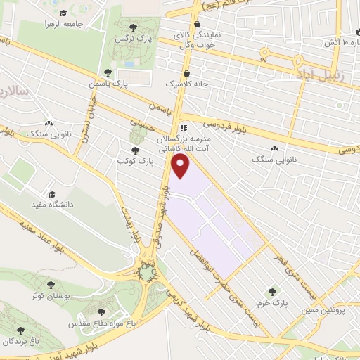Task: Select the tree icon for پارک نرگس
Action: click(x=143, y=26)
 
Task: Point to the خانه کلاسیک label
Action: click(x=181, y=83)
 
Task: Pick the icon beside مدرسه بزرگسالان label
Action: click(x=184, y=128)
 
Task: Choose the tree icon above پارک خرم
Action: click(x=272, y=291)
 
